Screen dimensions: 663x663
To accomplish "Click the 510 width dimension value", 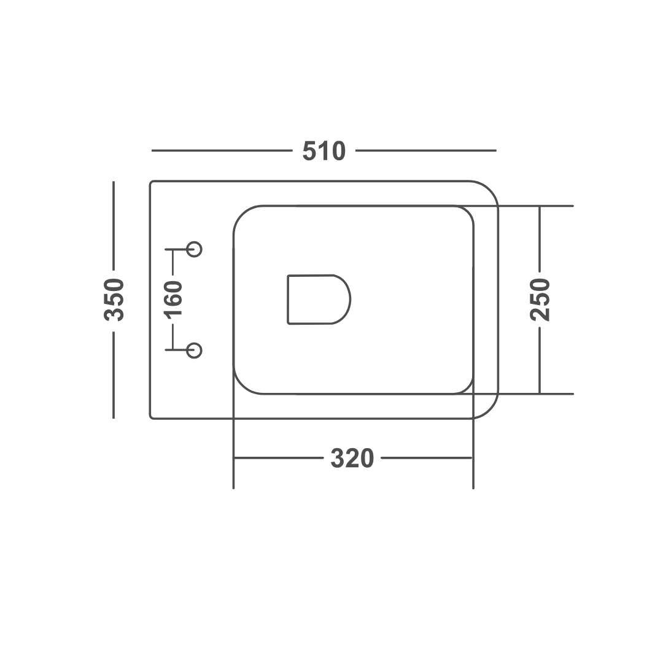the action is (x=324, y=151).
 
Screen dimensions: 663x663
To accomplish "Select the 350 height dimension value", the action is (x=114, y=300).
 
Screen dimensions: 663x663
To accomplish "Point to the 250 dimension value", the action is (x=540, y=300).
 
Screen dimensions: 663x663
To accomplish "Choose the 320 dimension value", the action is (x=352, y=458).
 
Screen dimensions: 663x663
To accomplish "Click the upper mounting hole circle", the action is (x=194, y=249).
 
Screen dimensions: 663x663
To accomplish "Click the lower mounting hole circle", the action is (x=194, y=351).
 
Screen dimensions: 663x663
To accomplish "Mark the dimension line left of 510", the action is (x=222, y=150).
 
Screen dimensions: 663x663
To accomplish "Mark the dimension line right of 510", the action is (x=426, y=150).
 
